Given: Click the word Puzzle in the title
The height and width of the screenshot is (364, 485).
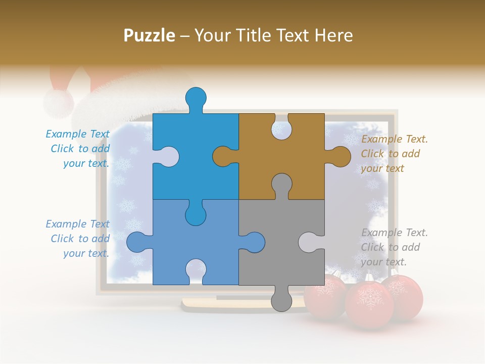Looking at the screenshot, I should click(150, 35).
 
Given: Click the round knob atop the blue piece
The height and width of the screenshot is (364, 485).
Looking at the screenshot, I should click(196, 97).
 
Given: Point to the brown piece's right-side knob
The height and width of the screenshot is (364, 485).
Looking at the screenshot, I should click(341, 156).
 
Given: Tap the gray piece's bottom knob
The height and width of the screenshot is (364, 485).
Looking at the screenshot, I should click(281, 301).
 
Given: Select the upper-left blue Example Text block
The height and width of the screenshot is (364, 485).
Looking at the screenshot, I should click(79, 149).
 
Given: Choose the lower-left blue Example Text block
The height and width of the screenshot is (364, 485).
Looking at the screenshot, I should click(79, 239).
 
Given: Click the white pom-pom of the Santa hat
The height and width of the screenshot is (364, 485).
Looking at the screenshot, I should click(58, 103).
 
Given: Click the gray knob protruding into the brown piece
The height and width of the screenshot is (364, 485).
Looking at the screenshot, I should click(281, 184).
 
